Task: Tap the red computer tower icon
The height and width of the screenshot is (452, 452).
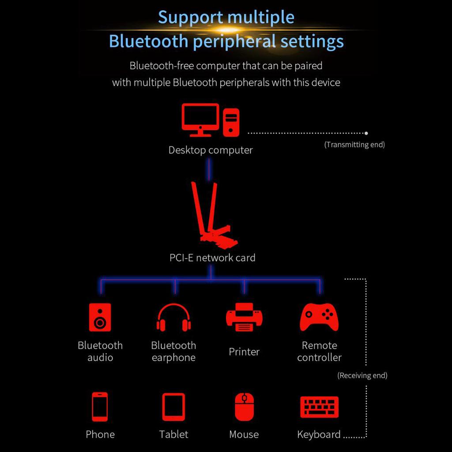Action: (231, 122)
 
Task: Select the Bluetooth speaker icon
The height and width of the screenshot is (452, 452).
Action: (100, 317)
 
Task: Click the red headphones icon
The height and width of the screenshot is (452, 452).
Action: (173, 317)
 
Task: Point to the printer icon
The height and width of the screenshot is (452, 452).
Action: (244, 317)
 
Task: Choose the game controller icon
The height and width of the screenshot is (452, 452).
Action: (319, 317)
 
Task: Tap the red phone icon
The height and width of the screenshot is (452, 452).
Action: (100, 407)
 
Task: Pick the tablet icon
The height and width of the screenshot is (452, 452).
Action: (173, 407)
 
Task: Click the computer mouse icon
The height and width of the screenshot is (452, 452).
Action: (244, 407)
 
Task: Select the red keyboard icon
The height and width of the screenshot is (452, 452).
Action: (319, 407)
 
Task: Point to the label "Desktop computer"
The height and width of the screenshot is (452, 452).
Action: (211, 150)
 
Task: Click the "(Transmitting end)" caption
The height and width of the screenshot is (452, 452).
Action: (354, 145)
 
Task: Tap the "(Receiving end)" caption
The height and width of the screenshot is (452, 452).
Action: (362, 376)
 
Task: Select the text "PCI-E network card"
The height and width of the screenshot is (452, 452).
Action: (212, 258)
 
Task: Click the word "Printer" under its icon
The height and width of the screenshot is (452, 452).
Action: (244, 352)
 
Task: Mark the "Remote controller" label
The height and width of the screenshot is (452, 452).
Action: (319, 351)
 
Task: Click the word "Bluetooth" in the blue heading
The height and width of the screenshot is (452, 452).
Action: (148, 41)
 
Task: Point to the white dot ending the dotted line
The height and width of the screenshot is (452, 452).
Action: (366, 132)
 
